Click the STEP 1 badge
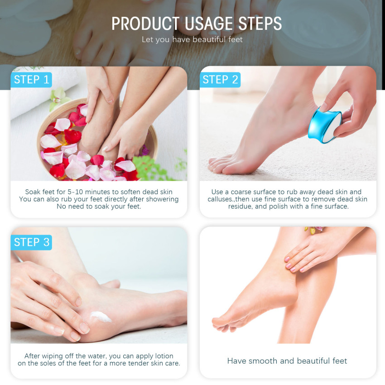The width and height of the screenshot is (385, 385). pyautogui.click(x=31, y=80)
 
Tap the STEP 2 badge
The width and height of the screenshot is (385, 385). pyautogui.click(x=220, y=80)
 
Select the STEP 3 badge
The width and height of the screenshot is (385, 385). pyautogui.click(x=31, y=242)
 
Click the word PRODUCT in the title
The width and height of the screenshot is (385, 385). pyautogui.click(x=145, y=24)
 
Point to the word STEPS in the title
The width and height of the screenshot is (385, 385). pyautogui.click(x=260, y=24)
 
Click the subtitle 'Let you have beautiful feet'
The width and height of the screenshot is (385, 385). pyautogui.click(x=192, y=39)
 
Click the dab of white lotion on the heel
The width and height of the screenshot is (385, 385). pyautogui.click(x=101, y=317)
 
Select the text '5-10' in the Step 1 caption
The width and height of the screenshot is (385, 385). pyautogui.click(x=75, y=192)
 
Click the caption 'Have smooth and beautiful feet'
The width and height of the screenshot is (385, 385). pyautogui.click(x=287, y=361)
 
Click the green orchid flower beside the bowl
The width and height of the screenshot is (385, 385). pyautogui.click(x=58, y=98)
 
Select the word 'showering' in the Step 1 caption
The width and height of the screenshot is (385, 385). pyautogui.click(x=163, y=199)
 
